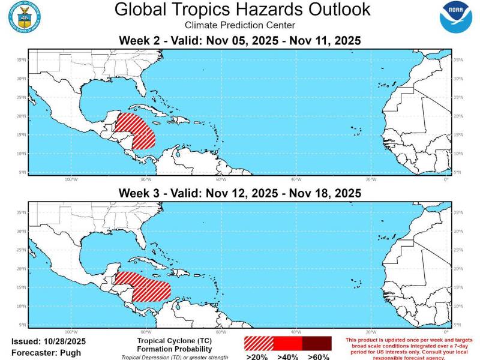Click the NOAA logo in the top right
pyautogui.click(x=455, y=17)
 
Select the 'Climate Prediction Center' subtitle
pyautogui.click(x=240, y=25)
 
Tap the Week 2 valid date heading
pyautogui.click(x=240, y=41)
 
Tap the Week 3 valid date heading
pyautogui.click(x=240, y=193)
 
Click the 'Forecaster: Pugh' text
pyautogui.click(x=46, y=353)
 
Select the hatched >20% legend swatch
pyautogui.click(x=258, y=343)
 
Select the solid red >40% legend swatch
pyautogui.click(x=287, y=343)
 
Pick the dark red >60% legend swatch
pyautogui.click(x=316, y=343)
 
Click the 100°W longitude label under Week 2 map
pyautogui.click(x=70, y=179)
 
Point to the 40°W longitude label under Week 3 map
pyautogui.click(x=296, y=331)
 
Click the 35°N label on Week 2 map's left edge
pyautogui.click(x=22, y=59)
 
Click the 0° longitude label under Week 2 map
pyautogui.click(x=446, y=179)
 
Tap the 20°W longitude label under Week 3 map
pyautogui.click(x=371, y=331)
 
